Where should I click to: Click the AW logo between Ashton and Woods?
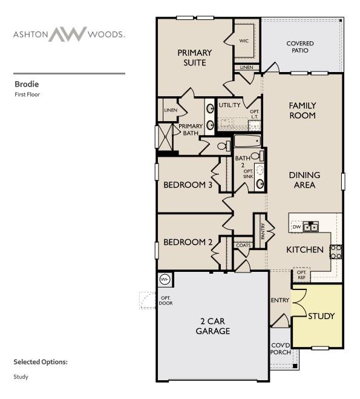click(x=68, y=34)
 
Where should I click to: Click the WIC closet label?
click(x=244, y=41)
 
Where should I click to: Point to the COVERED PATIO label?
click(x=300, y=47)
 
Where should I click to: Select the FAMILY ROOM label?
click(x=303, y=110)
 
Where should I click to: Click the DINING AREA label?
click(x=304, y=180)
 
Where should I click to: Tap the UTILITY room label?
click(x=229, y=105)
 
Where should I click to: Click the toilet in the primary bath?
click(x=221, y=145)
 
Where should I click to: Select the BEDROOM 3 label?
click(x=188, y=185)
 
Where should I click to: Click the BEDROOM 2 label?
click(x=188, y=242)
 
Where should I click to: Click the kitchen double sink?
click(x=311, y=227)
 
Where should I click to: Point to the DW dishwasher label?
click(x=296, y=227)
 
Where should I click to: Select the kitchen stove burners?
click(x=336, y=251)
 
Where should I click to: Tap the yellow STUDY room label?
click(x=321, y=316)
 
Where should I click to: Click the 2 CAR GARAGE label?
click(x=212, y=326)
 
